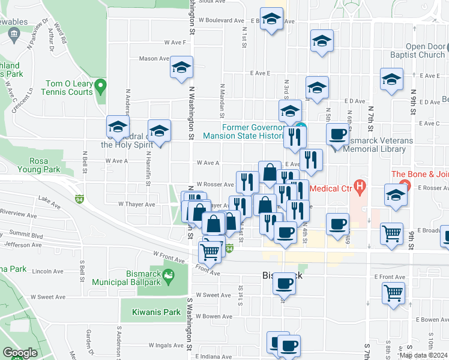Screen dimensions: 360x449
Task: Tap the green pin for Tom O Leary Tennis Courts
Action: [101, 87]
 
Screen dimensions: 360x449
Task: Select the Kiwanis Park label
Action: [151, 312]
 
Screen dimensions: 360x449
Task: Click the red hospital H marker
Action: [360, 186]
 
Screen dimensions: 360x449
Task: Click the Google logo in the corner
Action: [20, 353]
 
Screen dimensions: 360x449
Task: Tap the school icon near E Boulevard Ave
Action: [271, 19]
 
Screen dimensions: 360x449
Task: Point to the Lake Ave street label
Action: [50, 198]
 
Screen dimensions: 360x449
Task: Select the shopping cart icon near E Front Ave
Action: [394, 293]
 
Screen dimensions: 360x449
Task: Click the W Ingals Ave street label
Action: [167, 346]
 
